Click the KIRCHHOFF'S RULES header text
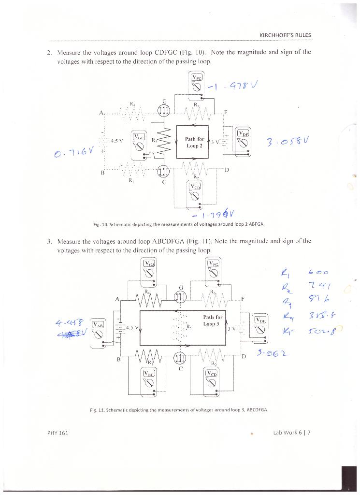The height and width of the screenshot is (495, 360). click(x=285, y=35)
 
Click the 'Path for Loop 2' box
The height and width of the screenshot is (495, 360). click(x=192, y=142)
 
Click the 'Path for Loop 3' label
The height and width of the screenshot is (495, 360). click(x=212, y=320)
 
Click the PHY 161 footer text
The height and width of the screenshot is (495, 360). click(x=58, y=433)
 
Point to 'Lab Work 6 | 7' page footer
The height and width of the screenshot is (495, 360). click(x=291, y=433)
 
